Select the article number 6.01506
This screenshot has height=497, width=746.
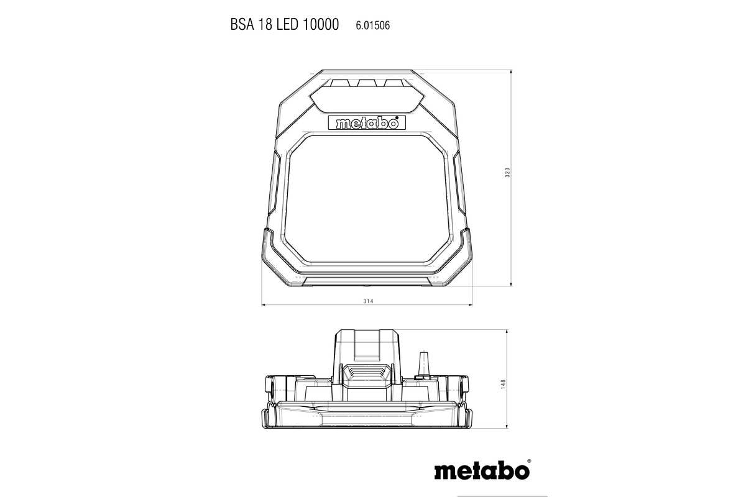click(373, 25)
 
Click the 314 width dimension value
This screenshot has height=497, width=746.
click(367, 300)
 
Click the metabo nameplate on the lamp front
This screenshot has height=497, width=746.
click(366, 123)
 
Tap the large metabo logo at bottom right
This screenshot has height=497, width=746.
click(481, 470)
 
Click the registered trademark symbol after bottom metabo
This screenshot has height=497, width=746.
click(529, 462)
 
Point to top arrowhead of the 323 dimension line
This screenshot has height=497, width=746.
click(511, 72)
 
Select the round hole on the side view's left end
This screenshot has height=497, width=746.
click(272, 388)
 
